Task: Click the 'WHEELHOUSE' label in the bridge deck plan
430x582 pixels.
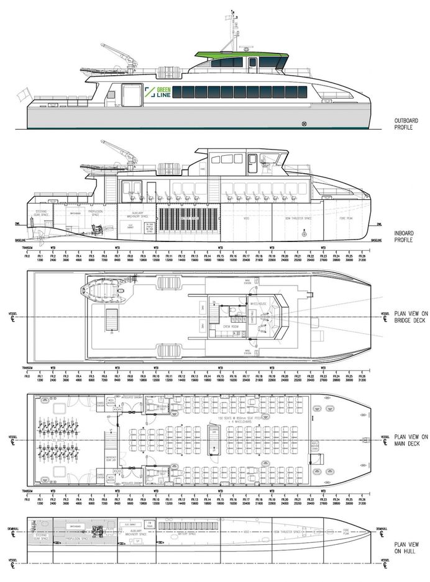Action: [x=258, y=304]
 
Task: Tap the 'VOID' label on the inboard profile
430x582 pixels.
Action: [x=247, y=217]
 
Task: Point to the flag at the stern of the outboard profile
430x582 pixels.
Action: [x=22, y=95]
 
